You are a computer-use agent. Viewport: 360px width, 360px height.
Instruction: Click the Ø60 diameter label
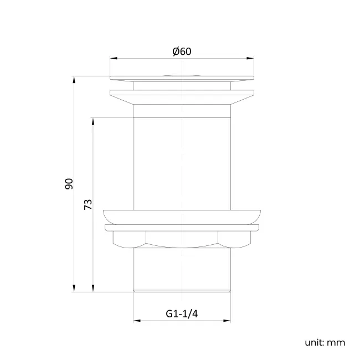point(182,52)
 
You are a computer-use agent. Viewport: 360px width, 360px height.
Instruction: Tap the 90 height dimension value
point(69,184)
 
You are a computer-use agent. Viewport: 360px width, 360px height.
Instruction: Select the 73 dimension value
point(88,204)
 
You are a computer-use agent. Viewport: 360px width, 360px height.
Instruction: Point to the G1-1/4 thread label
point(182,313)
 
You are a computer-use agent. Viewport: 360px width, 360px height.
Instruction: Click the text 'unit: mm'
point(325,342)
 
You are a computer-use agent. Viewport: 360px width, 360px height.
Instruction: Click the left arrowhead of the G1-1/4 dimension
point(137,320)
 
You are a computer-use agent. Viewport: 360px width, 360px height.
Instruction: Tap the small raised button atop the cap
point(182,74)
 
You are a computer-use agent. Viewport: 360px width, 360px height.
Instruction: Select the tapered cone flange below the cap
point(182,99)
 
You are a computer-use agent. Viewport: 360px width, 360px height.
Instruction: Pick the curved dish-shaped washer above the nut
point(182,216)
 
